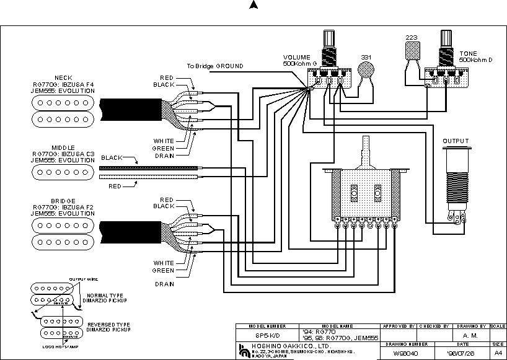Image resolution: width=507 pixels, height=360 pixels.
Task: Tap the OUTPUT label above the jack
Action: pos(456,141)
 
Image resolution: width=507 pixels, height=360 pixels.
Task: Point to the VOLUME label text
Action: pos(297,57)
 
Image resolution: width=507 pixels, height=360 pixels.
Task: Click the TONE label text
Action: pos(469,54)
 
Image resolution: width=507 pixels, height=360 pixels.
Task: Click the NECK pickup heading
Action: pos(63,78)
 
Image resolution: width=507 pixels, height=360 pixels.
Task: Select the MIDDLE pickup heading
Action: pos(63,147)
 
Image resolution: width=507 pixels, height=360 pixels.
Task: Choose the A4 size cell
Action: pos(498,353)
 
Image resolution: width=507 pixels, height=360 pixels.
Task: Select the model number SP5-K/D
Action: pos(267,333)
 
